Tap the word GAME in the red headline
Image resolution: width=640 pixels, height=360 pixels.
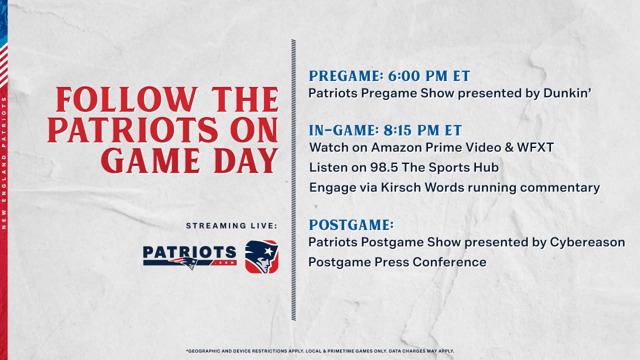tap(150, 160)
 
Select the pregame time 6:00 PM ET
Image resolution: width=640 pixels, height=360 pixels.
tap(429, 76)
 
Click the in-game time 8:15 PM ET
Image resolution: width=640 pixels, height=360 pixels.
tap(422, 130)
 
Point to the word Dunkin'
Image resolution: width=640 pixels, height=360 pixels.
tap(567, 93)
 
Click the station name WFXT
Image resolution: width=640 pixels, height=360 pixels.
tap(535, 147)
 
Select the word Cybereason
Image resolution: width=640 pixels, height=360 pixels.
tap(587, 242)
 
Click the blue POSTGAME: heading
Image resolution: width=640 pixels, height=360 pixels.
tap(351, 225)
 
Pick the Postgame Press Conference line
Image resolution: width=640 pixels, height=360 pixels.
tap(397, 262)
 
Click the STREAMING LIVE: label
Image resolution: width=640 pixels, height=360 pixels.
tap(231, 225)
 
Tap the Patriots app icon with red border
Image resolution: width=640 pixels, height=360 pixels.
tap(261, 257)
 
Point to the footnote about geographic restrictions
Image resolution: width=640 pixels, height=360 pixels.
tap(320, 351)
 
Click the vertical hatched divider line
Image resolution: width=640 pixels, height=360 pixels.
tap(293, 180)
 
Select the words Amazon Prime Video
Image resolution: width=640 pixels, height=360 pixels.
tap(436, 147)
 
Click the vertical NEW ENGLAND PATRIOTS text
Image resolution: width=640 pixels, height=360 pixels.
tap(3, 163)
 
